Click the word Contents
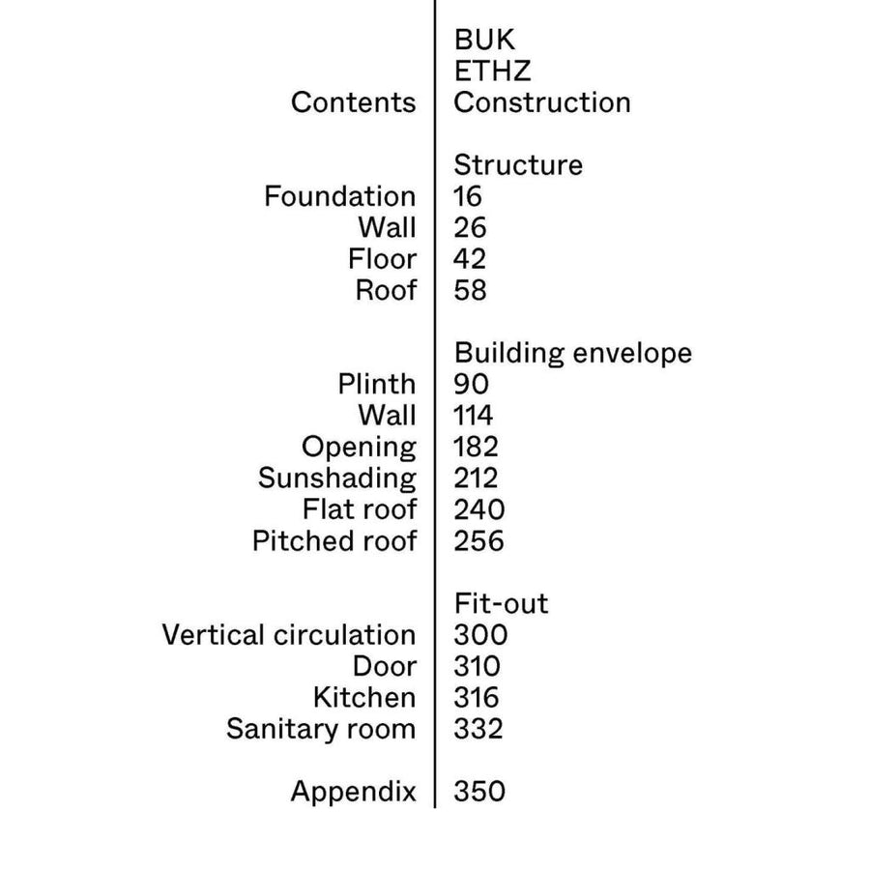(354, 102)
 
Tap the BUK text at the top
(484, 40)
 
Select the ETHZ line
(493, 71)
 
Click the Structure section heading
(518, 165)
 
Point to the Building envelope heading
(573, 354)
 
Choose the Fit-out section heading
(501, 603)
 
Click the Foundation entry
(340, 196)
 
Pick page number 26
(470, 228)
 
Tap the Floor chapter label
(382, 259)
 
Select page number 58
(470, 291)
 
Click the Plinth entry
(377, 385)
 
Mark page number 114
(474, 416)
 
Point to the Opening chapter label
(359, 449)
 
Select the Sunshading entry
(337, 479)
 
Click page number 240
(479, 509)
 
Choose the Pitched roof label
(334, 541)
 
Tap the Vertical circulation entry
(289, 635)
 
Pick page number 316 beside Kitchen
(476, 698)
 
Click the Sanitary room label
(321, 730)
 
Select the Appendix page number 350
(479, 792)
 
